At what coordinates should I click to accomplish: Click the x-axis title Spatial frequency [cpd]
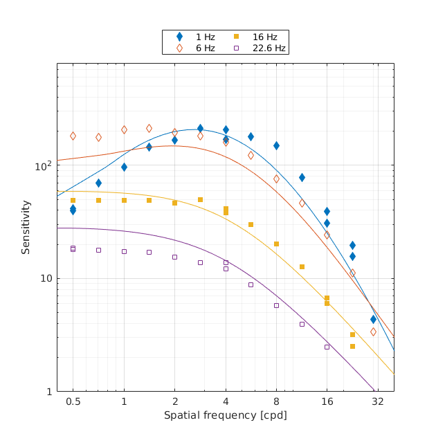[225, 415]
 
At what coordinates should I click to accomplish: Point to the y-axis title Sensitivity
[26, 227]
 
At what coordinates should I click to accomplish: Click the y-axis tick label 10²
[44, 166]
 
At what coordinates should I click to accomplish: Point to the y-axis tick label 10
[46, 279]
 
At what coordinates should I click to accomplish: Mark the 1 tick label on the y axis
[49, 392]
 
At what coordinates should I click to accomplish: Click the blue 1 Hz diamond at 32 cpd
[373, 319]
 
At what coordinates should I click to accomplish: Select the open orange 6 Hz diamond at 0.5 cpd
[73, 136]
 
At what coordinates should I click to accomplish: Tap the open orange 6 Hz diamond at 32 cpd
[373, 331]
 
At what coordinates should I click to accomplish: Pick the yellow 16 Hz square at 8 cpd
[276, 244]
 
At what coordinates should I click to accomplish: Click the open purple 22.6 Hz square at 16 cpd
[327, 347]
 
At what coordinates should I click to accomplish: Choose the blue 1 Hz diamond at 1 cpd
[124, 167]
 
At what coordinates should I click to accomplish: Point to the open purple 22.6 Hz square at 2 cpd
[174, 257]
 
